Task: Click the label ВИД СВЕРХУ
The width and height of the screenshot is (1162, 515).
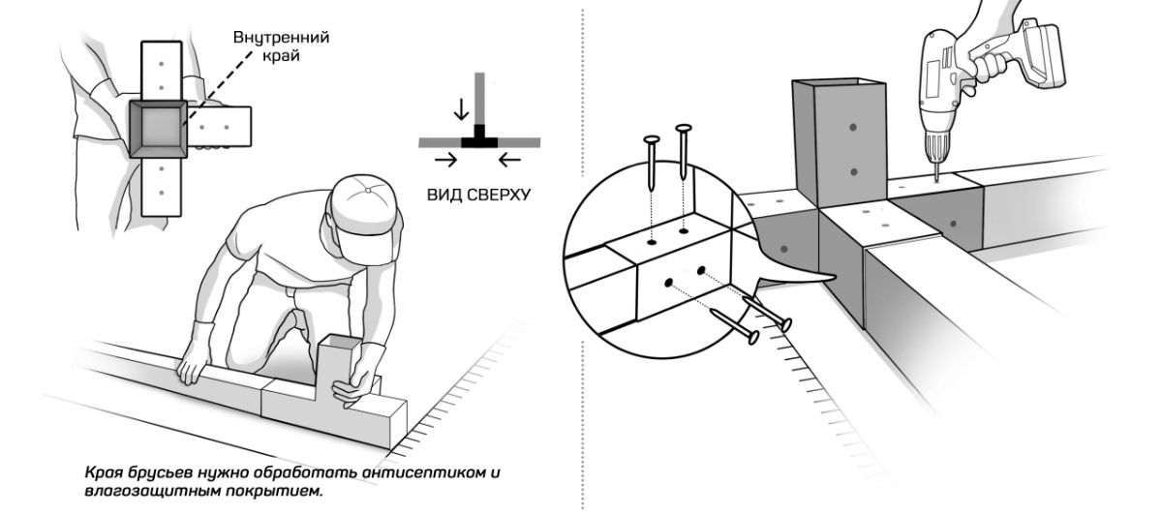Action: point(478,194)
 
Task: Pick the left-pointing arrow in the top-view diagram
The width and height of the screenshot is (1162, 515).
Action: point(509,158)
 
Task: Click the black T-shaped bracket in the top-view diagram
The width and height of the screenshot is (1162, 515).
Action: point(477,139)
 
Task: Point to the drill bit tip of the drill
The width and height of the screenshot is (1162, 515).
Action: point(936,177)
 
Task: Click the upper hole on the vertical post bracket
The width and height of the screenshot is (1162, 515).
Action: point(852,127)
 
